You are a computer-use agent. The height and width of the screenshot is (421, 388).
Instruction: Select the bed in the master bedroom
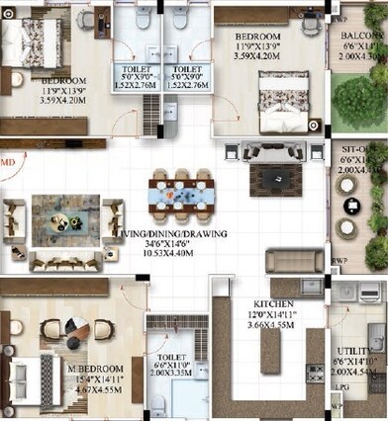pos(22,373)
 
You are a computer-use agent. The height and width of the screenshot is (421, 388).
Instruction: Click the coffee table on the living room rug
pos(65,211)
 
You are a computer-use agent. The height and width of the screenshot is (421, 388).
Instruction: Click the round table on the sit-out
pos(351,205)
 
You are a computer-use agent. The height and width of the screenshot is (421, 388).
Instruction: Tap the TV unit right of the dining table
pos(267,179)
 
